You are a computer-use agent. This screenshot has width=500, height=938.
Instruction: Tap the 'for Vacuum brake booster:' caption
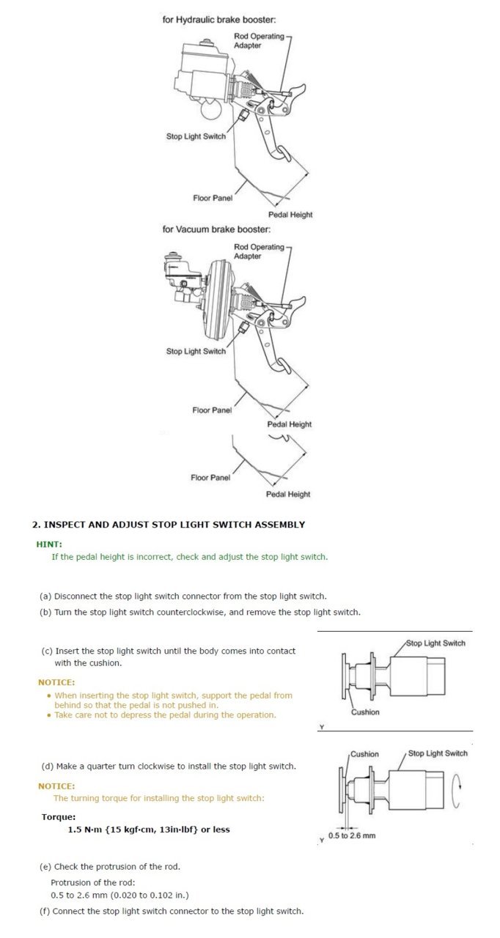click(211, 229)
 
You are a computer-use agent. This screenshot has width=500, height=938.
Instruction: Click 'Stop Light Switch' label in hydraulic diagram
click(196, 136)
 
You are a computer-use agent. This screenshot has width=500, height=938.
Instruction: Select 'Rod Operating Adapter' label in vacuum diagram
click(259, 251)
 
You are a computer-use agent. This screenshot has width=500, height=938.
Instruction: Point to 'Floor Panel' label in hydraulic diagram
click(213, 198)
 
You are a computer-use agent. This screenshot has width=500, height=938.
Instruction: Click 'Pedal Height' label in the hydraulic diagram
click(290, 215)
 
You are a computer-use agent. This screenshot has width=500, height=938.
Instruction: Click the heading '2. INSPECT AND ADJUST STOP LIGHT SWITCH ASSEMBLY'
click(169, 525)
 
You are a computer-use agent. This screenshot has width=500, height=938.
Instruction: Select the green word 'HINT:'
click(49, 544)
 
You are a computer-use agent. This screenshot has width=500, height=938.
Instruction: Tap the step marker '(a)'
click(45, 596)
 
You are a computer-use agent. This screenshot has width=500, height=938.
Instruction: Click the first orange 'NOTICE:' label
click(56, 682)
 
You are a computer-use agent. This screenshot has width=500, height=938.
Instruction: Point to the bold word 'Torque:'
click(59, 816)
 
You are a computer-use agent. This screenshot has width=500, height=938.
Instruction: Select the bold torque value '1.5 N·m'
click(87, 830)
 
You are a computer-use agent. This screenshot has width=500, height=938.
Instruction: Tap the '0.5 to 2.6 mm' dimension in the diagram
click(352, 835)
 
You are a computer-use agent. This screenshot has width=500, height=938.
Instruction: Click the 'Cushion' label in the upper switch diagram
click(365, 712)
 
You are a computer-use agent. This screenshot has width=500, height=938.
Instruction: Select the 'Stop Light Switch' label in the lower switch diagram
click(438, 753)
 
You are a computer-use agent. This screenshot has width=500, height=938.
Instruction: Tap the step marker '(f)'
click(45, 911)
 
